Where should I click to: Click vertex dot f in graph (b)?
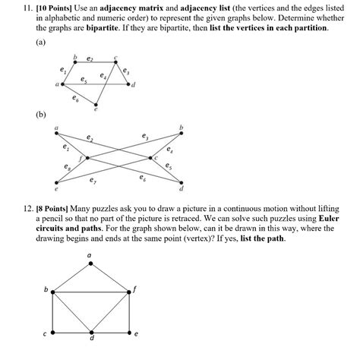pyautogui.click(x=88, y=158)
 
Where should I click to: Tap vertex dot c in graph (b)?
pyautogui.click(x=150, y=158)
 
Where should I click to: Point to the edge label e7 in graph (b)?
pyautogui.click(x=93, y=181)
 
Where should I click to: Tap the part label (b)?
pyautogui.click(x=40, y=115)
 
